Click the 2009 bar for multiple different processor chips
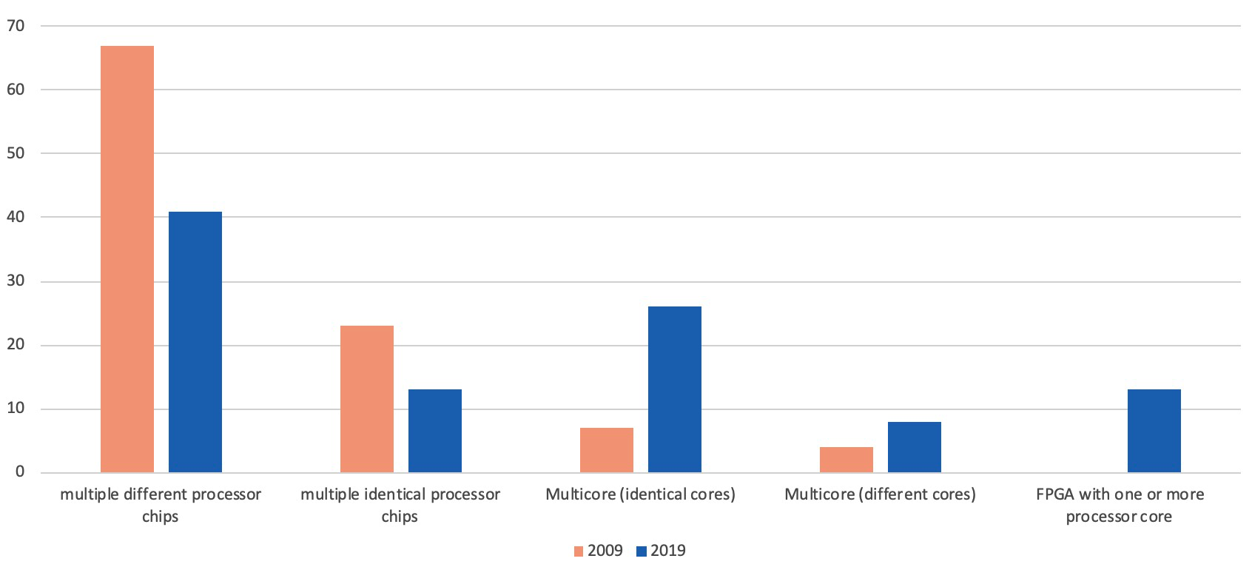(x=127, y=259)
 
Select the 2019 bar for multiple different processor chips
(x=195, y=342)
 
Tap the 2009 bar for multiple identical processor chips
(x=367, y=399)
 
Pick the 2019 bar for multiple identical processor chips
(x=435, y=431)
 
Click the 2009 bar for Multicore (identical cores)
(x=607, y=450)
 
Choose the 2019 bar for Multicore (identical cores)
(x=675, y=389)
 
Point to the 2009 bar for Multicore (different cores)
(x=847, y=460)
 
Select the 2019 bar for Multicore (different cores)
(x=915, y=447)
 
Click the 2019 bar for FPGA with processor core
(x=1154, y=431)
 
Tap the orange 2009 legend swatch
(x=579, y=551)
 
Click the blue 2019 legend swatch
(x=642, y=551)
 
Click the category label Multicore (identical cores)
(x=640, y=494)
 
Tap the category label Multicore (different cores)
(x=880, y=494)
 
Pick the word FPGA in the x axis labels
(x=1054, y=494)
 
